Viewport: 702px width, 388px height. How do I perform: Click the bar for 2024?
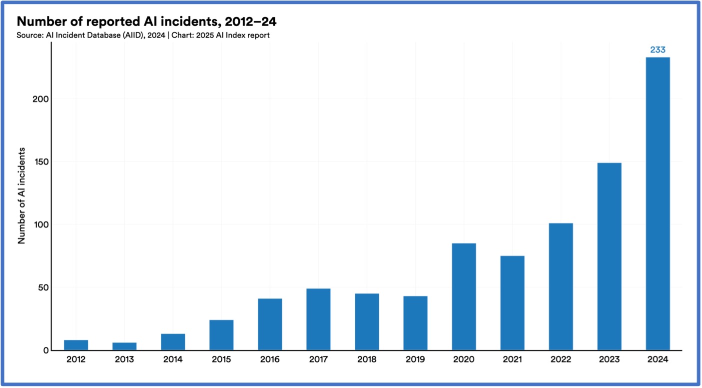(658, 203)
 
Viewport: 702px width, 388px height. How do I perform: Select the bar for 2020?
(464, 296)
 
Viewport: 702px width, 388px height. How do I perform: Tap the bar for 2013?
(124, 346)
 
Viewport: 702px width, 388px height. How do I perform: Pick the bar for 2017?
(318, 319)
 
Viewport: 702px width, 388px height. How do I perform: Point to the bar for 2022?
(561, 286)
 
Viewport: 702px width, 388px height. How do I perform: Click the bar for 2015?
(221, 335)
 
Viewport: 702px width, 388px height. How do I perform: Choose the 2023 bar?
(609, 256)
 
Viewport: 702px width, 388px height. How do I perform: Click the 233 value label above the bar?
(658, 50)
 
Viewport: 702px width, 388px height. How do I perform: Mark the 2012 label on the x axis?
(76, 360)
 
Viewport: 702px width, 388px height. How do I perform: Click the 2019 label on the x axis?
(415, 360)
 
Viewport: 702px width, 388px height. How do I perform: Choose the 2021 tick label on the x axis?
(512, 360)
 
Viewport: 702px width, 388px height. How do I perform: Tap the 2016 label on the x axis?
(270, 360)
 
